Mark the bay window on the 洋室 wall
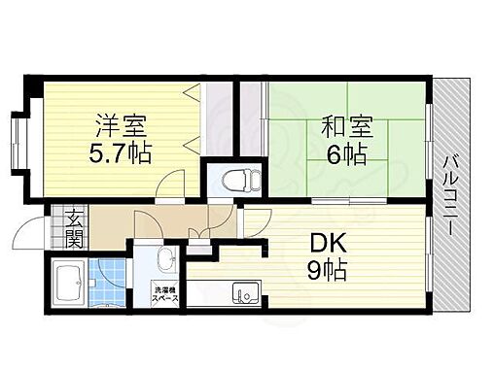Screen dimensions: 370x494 (x=21, y=142)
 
